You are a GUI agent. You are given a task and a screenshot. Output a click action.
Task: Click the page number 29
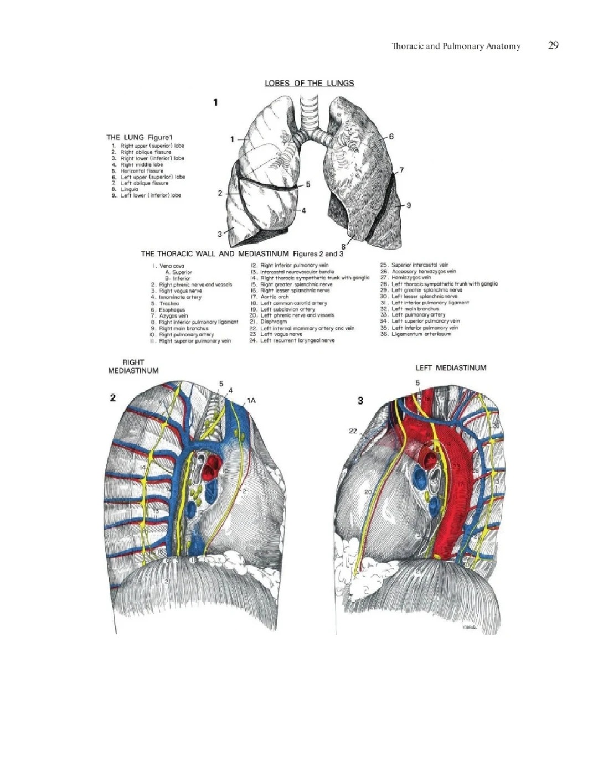point(553,45)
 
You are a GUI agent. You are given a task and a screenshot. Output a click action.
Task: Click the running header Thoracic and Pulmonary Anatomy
point(456,46)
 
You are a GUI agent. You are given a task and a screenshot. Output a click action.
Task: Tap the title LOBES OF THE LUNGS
point(309,84)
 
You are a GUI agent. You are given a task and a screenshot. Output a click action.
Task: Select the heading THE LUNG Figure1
point(140,137)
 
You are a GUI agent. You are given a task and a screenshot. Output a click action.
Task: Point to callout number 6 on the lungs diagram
point(391,136)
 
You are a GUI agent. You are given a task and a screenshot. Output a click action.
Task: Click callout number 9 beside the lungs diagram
point(409,205)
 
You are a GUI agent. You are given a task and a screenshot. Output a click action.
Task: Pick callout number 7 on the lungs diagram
point(401,170)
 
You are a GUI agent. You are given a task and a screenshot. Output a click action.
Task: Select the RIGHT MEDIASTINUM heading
point(133,367)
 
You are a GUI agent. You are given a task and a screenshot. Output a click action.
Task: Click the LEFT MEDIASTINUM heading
point(451,368)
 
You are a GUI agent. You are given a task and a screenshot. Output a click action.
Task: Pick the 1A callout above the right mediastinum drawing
point(251,400)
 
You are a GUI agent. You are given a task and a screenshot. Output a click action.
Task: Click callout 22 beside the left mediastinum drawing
point(353,431)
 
